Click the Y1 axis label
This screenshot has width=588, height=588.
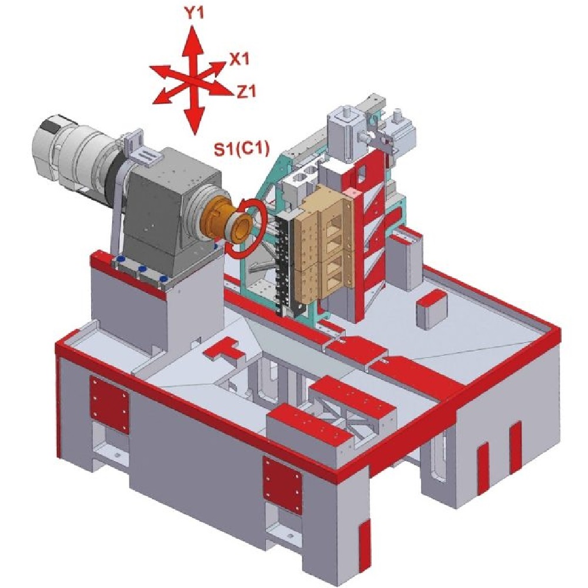coord(194,14)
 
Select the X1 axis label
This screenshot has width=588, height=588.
coord(239,59)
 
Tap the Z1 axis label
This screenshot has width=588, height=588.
coord(246,91)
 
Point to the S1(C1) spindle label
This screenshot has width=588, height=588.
coord(242,149)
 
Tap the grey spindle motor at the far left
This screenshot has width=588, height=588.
coord(71,150)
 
